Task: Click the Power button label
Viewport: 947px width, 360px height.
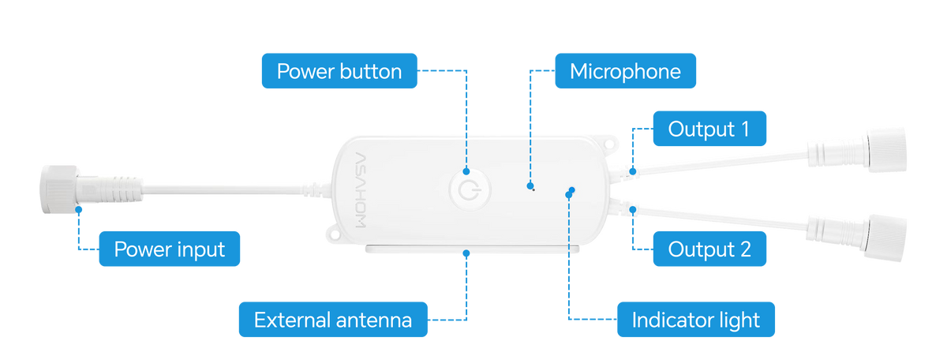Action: pos(339,70)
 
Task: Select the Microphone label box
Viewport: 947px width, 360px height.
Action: pos(625,70)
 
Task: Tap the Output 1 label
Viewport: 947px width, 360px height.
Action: pos(709,129)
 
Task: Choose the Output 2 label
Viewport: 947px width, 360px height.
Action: pos(709,249)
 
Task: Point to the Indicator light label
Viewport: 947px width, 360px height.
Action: pos(696,320)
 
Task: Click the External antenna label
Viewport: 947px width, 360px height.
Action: pos(333,320)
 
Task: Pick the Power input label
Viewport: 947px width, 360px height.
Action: pos(170,249)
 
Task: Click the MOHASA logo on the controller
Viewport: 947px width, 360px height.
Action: pos(361,190)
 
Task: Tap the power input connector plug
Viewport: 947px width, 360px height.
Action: pos(91,189)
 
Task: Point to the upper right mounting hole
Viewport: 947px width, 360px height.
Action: pos(609,144)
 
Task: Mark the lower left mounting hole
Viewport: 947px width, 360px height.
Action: pos(335,234)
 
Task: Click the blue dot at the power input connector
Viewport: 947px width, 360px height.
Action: pos(79,209)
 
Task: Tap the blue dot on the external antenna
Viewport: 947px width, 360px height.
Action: pos(466,253)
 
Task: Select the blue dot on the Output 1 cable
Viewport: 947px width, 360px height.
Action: pos(633,171)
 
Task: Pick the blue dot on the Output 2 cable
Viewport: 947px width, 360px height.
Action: pos(633,209)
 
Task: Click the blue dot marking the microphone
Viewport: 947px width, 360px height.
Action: pos(530,186)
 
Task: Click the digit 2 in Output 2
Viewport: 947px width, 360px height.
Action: pos(746,249)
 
